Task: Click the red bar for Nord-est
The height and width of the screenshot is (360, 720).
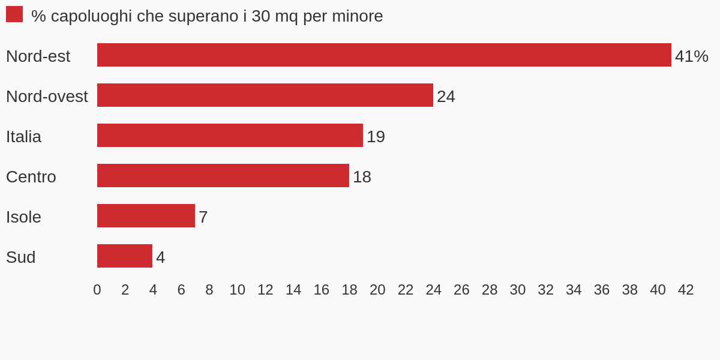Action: [x=384, y=55]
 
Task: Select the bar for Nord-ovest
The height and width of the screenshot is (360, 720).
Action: [x=265, y=95]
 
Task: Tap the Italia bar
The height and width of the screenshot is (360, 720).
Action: [x=230, y=136]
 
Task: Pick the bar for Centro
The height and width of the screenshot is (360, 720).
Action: [x=223, y=175]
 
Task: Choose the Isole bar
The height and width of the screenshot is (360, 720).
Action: [x=146, y=215]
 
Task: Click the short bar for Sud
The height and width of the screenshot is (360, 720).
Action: [x=125, y=256]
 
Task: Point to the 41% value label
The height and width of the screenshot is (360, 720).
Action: [x=691, y=56]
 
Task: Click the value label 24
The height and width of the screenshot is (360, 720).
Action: [x=446, y=97]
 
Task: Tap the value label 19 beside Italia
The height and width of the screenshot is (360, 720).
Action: [x=376, y=137]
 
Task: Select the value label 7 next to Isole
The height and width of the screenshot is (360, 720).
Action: [x=203, y=217]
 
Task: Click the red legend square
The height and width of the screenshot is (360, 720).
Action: [x=14, y=14]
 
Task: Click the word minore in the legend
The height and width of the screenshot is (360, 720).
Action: [x=358, y=16]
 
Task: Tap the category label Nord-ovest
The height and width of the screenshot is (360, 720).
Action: [x=47, y=97]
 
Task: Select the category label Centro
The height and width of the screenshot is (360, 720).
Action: [x=31, y=177]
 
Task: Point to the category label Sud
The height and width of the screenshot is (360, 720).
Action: [x=21, y=257]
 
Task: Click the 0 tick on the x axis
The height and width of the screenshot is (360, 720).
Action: [x=97, y=290]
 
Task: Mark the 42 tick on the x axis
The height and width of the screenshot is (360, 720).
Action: [x=686, y=290]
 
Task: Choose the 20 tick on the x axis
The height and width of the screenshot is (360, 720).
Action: [x=377, y=290]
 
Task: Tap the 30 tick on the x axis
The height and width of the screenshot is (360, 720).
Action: [x=517, y=290]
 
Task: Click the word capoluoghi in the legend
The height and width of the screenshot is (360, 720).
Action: [x=91, y=17]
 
